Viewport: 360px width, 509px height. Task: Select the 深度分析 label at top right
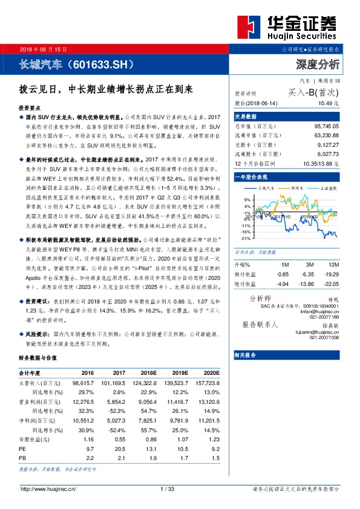coord(318,64)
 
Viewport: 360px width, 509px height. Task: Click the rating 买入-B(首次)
coord(314,93)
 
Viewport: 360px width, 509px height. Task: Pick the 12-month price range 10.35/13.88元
coord(320,163)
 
